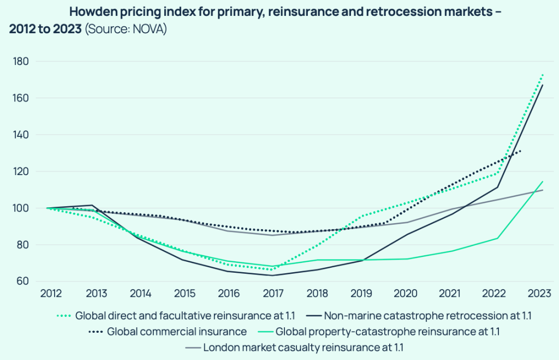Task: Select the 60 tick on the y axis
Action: coord(22,281)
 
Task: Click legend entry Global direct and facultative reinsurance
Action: coord(184,316)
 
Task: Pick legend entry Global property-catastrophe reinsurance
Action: coord(388,332)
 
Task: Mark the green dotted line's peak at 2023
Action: coord(543,75)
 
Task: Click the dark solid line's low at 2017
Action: coord(272,275)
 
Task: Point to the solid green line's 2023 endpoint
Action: coord(543,181)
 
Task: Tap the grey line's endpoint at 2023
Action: coord(543,190)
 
